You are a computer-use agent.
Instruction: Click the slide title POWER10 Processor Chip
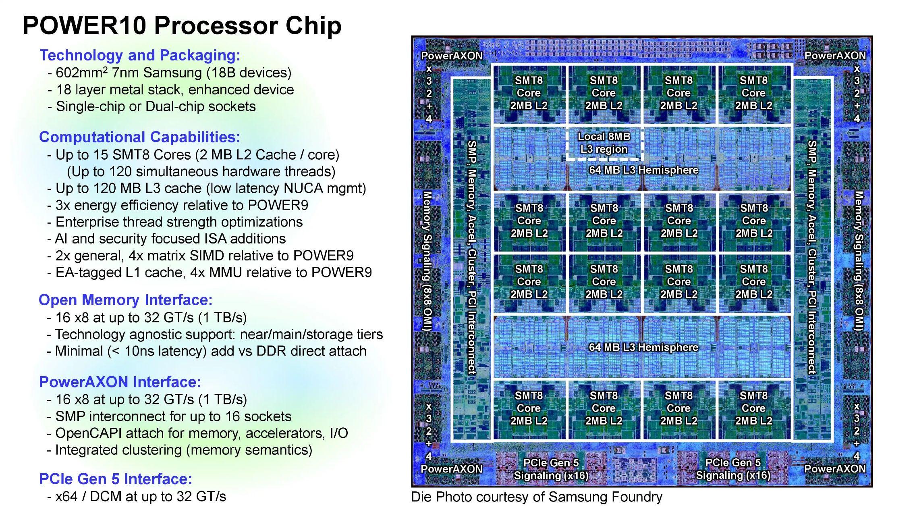182,26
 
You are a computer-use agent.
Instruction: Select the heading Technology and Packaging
140,55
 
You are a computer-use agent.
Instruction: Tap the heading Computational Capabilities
139,137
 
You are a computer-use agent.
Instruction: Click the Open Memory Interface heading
125,300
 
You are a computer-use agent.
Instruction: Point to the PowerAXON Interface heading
120,382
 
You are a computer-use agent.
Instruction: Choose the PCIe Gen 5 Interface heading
116,479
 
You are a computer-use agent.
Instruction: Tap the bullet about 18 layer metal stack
174,89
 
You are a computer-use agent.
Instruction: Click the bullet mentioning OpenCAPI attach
201,433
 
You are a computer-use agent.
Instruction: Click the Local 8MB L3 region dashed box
604,143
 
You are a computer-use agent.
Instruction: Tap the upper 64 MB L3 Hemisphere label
643,170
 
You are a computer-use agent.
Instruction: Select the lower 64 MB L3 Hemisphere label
643,347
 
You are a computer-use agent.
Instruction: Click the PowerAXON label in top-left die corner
451,56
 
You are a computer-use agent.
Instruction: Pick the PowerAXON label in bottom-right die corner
835,468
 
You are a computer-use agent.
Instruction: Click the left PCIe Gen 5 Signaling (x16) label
551,469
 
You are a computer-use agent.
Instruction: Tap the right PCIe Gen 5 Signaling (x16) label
733,469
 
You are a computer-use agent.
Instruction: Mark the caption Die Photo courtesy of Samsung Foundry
536,497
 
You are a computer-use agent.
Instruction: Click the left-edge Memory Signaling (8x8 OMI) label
427,261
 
